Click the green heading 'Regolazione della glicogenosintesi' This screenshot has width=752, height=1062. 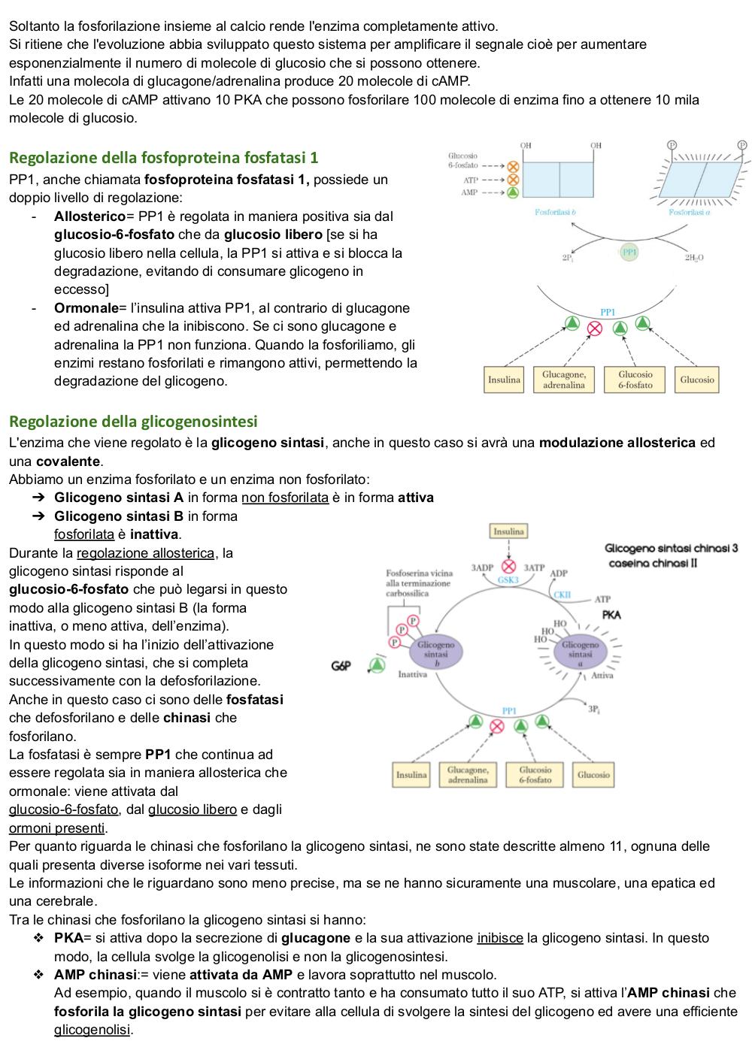133,421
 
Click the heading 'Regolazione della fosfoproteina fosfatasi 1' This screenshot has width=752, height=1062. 164,157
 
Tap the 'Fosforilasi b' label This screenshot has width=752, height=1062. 555,212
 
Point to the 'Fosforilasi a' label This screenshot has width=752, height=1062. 690,212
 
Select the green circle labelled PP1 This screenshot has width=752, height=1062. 629,253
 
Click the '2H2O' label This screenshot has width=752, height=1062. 693,258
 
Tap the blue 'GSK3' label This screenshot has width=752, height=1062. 508,579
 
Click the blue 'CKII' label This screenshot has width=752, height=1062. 562,595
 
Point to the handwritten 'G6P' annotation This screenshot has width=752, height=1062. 341,666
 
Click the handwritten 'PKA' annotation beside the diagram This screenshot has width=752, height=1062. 611,615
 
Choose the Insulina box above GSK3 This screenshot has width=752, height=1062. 508,531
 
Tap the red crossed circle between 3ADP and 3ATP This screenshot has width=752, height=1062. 508,566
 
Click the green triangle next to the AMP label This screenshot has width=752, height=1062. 513,192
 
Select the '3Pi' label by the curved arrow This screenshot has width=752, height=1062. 594,710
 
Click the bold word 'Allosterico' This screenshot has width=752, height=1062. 89,216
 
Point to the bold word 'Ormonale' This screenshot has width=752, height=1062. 86,307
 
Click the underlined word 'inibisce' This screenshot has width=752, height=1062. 500,938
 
